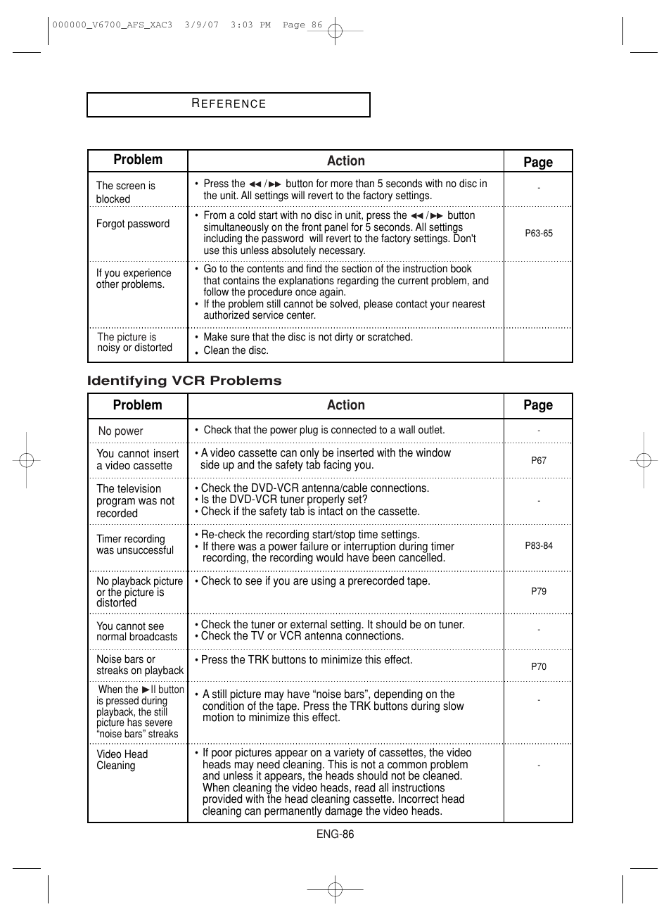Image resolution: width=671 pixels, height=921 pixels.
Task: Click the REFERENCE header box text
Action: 229,104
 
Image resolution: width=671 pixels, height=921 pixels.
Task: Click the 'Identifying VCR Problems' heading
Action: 184,381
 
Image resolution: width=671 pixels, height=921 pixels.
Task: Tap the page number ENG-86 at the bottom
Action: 335,834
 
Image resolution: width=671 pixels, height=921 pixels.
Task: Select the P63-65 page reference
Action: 539,234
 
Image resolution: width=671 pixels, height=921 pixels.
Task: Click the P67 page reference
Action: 539,460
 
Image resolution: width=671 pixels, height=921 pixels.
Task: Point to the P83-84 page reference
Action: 539,546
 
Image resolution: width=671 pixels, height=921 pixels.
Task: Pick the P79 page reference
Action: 539,592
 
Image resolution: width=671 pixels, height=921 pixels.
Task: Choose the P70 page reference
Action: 539,666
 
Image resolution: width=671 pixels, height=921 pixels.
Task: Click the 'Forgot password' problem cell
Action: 133,224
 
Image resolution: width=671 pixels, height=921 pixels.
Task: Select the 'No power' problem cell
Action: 120,431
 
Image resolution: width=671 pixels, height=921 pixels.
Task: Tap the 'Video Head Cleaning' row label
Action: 122,760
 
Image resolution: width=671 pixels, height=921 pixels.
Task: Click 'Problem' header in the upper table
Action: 138,160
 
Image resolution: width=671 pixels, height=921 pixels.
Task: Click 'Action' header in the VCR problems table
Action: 345,405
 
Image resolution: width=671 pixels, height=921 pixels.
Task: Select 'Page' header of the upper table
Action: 538,162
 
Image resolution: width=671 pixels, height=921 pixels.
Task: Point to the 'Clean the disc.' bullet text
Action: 236,350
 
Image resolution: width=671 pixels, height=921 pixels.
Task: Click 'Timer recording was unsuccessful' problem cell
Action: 134,545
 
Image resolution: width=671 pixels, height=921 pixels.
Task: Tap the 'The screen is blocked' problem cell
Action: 125,192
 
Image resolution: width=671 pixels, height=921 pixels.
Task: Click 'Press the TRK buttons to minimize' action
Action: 307,660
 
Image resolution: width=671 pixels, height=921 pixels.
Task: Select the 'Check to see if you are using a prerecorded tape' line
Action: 315,581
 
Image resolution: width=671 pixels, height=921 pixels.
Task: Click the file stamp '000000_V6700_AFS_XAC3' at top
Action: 112,25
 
